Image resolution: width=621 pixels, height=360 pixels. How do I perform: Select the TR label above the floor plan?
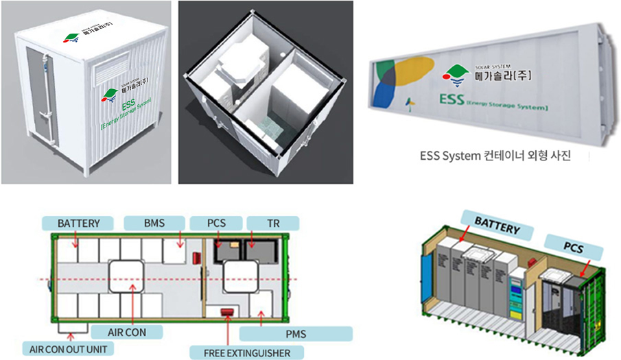click(272, 223)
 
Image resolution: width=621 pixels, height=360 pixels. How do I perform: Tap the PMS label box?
click(296, 334)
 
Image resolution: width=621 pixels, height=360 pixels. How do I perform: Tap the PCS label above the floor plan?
click(216, 223)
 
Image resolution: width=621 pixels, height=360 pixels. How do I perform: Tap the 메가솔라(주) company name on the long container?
click(503, 75)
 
